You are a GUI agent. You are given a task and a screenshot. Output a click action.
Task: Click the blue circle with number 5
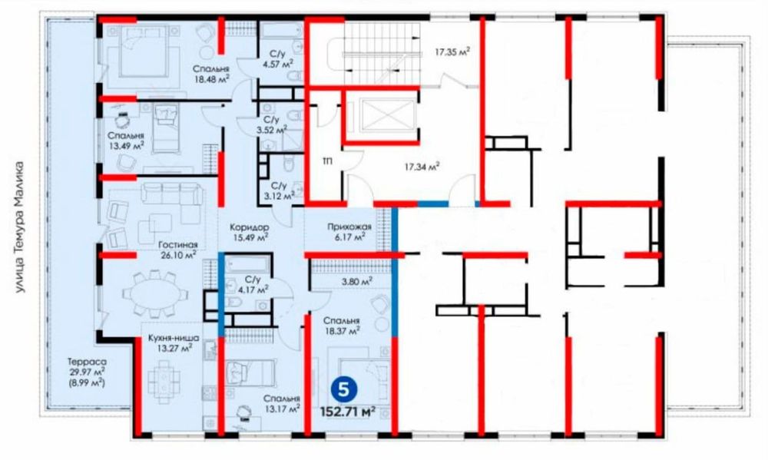344,390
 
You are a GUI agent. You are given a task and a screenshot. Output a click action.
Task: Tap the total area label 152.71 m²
348,411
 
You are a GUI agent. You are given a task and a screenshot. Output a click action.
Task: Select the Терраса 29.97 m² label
87,372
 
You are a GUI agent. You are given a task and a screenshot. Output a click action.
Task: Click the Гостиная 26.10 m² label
178,250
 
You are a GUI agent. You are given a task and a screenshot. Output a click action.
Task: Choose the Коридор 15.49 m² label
250,233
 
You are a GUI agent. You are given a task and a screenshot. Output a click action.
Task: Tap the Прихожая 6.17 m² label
349,232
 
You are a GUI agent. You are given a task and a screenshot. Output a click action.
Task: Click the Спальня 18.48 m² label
211,74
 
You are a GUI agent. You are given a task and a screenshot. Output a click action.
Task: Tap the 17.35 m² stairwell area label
452,51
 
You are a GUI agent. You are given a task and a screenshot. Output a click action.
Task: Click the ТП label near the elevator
326,161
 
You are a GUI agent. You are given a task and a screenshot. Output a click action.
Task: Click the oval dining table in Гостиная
155,295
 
